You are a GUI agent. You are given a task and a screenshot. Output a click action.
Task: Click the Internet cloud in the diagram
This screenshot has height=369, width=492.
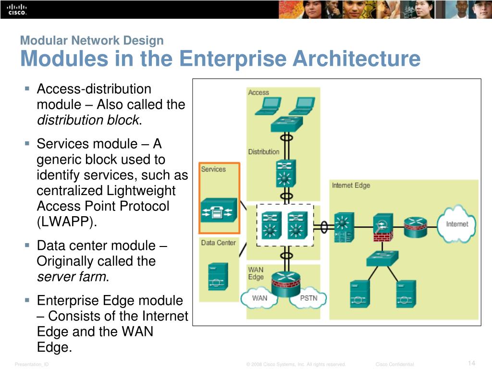click(456, 223)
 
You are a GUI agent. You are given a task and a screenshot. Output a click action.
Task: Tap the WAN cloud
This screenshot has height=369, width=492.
click(259, 298)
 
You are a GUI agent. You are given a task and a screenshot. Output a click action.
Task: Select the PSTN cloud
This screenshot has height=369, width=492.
click(308, 298)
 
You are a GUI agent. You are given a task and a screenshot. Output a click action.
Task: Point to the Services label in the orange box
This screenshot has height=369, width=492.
click(213, 169)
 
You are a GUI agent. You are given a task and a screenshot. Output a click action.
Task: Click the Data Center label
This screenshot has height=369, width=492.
click(218, 243)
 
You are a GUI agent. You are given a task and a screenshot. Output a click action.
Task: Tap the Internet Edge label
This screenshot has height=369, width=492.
click(351, 185)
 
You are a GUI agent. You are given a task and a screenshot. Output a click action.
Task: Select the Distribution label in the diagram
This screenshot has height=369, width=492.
click(263, 152)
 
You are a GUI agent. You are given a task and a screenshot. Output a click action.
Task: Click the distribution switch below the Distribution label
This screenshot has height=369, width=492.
click(286, 173)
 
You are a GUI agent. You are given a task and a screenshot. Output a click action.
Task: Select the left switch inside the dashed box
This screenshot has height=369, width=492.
click(271, 224)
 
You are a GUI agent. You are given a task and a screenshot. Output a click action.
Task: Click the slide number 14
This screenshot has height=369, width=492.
click(471, 363)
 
